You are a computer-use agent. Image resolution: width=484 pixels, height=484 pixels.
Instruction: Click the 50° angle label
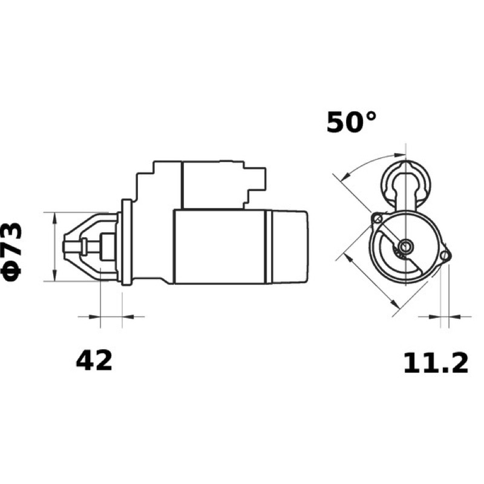352,122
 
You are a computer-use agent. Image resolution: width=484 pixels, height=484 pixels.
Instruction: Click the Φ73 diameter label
12,252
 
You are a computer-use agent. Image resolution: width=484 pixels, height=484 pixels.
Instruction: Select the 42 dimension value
94,361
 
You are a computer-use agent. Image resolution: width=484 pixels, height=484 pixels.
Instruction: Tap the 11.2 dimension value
436,363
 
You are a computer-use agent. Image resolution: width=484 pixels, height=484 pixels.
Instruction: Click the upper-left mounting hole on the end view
378,219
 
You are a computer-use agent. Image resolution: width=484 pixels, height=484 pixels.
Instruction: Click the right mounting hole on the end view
445,255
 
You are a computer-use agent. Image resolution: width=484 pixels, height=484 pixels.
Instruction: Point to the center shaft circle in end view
405,246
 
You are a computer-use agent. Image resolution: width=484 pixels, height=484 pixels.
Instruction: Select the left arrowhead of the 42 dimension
94,316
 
